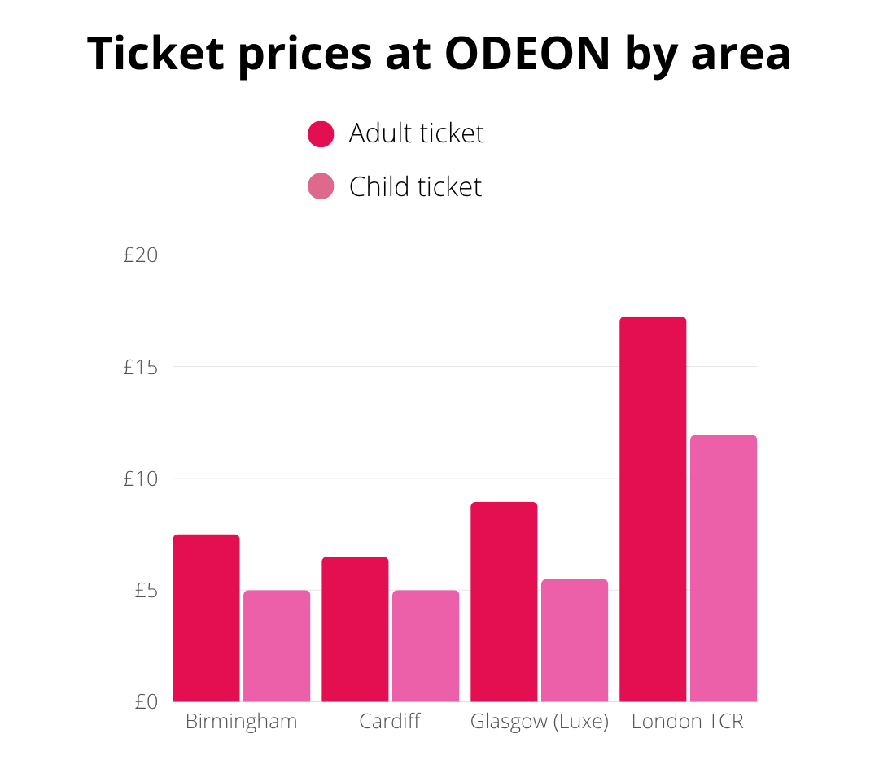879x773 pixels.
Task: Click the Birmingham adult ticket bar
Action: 206,618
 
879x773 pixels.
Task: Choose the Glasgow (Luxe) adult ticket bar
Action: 504,601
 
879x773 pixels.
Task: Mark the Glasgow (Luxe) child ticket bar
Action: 575,640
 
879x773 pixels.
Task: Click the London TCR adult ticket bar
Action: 653,509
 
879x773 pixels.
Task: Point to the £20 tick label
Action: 140,255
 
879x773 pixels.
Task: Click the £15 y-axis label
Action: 140,367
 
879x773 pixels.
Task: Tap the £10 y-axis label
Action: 140,478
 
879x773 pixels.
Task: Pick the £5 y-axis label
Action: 146,590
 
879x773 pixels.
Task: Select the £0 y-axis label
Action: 146,701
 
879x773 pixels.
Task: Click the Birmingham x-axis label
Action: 241,722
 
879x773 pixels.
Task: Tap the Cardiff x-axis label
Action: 390,722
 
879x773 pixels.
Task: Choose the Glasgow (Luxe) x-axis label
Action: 540,722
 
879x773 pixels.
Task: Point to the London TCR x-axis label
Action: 688,722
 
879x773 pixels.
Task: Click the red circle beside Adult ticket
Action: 321,134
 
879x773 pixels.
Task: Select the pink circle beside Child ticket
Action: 321,187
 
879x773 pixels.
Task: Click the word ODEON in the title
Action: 527,54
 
